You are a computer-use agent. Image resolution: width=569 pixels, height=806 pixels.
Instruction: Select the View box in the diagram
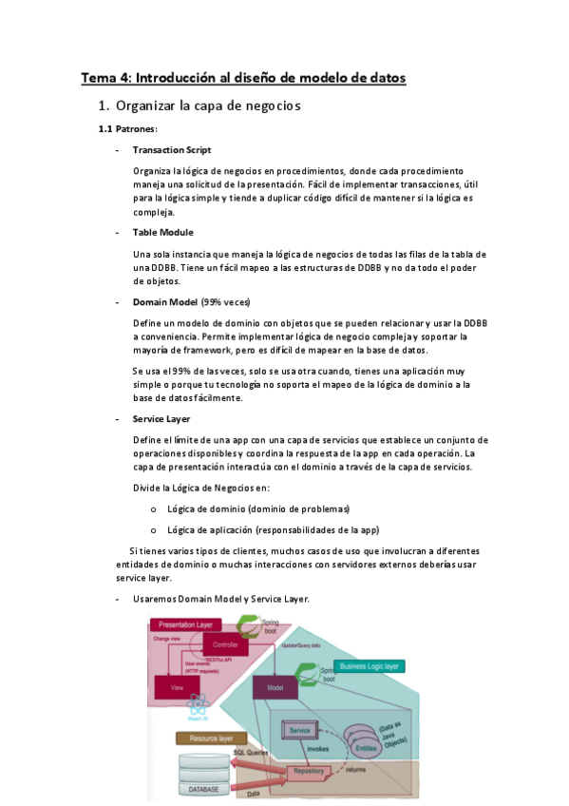[177, 686]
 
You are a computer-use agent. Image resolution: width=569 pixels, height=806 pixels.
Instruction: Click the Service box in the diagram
[299, 730]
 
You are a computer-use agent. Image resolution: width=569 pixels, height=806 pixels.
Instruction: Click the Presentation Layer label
[184, 624]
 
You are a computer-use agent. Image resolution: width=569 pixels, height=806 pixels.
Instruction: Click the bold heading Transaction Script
[172, 150]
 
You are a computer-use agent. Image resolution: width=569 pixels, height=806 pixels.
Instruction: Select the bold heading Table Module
[163, 232]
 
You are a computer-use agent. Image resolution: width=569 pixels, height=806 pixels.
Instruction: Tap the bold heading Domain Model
[165, 301]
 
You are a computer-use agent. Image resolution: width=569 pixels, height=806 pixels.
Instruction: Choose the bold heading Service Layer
[161, 418]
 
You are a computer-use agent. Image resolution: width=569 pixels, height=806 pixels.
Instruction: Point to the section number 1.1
[105, 128]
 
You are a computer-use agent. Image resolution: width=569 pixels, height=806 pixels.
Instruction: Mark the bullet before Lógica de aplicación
[153, 530]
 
